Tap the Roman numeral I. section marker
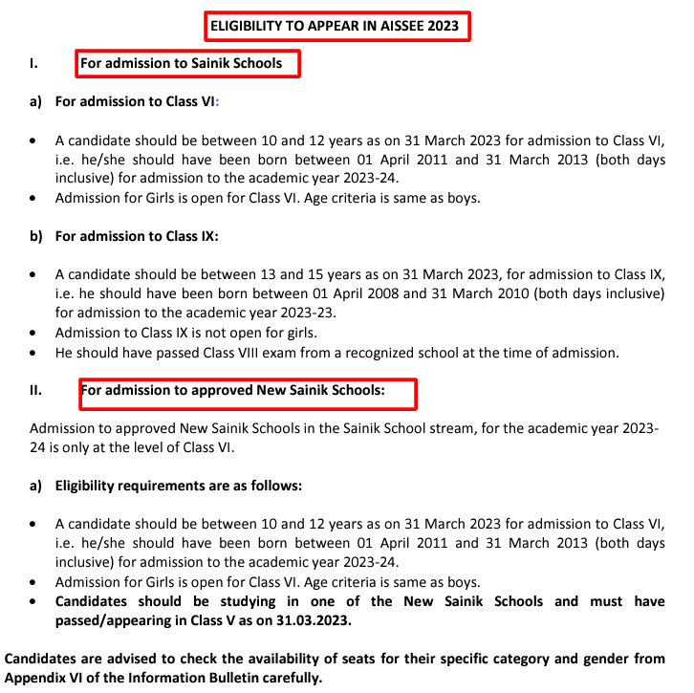tap(34, 64)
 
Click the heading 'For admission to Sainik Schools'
tap(182, 64)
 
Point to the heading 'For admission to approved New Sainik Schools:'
tap(232, 391)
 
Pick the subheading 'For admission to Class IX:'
tap(138, 236)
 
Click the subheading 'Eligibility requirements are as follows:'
tap(179, 486)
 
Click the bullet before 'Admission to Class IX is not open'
tap(34, 334)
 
